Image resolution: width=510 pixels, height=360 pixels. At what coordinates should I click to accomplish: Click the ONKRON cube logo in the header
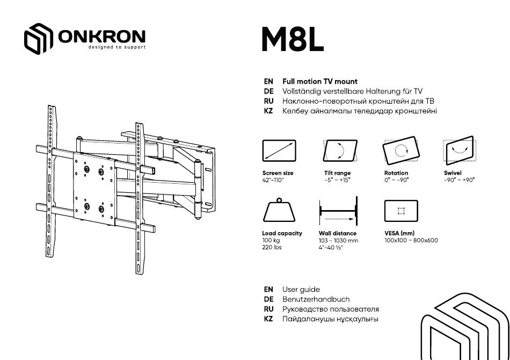[38, 38]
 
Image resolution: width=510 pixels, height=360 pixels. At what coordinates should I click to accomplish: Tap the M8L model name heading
[293, 40]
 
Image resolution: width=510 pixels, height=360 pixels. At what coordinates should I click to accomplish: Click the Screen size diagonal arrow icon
[279, 150]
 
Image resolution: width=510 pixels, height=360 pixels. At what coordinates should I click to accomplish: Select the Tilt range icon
[340, 150]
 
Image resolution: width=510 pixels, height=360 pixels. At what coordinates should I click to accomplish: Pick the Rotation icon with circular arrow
[401, 150]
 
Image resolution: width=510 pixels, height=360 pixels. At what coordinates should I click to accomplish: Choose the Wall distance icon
[339, 211]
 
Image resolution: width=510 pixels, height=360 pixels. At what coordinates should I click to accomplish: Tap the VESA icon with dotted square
[401, 211]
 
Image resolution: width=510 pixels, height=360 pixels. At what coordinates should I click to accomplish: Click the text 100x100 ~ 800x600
[411, 241]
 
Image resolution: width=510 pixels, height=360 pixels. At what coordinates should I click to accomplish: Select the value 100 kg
[271, 241]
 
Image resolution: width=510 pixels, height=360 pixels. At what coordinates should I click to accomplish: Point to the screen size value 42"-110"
[273, 180]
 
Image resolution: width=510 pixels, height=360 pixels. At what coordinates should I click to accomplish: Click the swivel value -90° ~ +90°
[459, 180]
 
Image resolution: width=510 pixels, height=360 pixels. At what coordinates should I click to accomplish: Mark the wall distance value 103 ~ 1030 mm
[338, 241]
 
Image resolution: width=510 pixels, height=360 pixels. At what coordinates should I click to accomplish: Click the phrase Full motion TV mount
[320, 82]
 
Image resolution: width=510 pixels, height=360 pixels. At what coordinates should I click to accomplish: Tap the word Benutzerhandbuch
[316, 299]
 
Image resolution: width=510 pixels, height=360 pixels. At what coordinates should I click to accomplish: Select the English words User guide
[301, 290]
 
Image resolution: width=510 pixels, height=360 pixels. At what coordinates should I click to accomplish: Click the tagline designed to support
[117, 47]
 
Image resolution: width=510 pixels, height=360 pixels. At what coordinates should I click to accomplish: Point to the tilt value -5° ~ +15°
[337, 180]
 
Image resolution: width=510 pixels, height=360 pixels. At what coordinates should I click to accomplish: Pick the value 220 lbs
[272, 247]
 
